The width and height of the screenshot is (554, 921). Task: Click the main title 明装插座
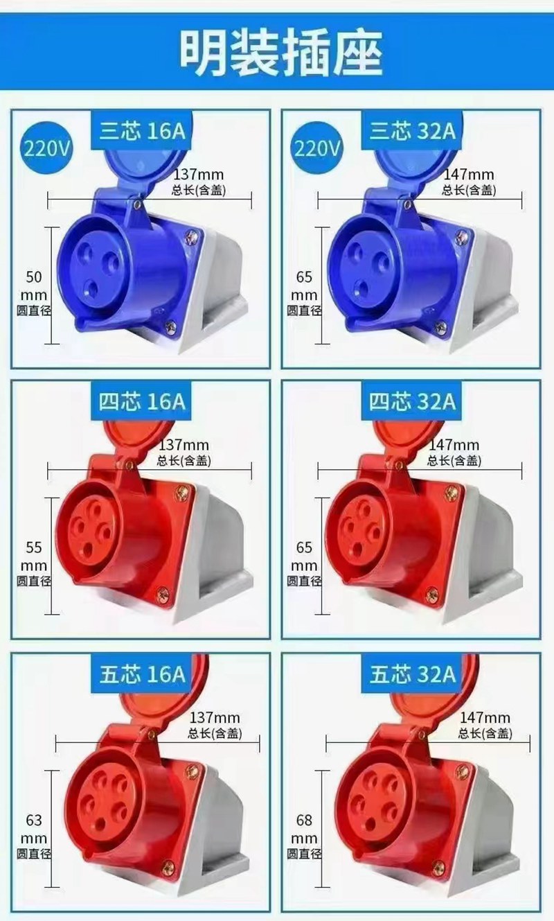click(282, 53)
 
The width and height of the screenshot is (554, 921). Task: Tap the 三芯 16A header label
click(142, 131)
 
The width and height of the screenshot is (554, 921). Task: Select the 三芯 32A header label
click(412, 131)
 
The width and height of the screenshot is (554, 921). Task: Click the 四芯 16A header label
click(142, 401)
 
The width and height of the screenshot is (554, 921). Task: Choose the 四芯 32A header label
click(412, 401)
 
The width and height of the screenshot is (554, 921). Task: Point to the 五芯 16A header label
click(142, 674)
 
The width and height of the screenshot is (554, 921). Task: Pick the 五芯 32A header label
click(412, 674)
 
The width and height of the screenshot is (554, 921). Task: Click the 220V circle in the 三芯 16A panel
click(47, 148)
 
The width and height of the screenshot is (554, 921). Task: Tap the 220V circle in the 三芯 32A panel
click(317, 148)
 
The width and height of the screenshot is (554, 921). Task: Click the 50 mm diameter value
click(34, 286)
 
